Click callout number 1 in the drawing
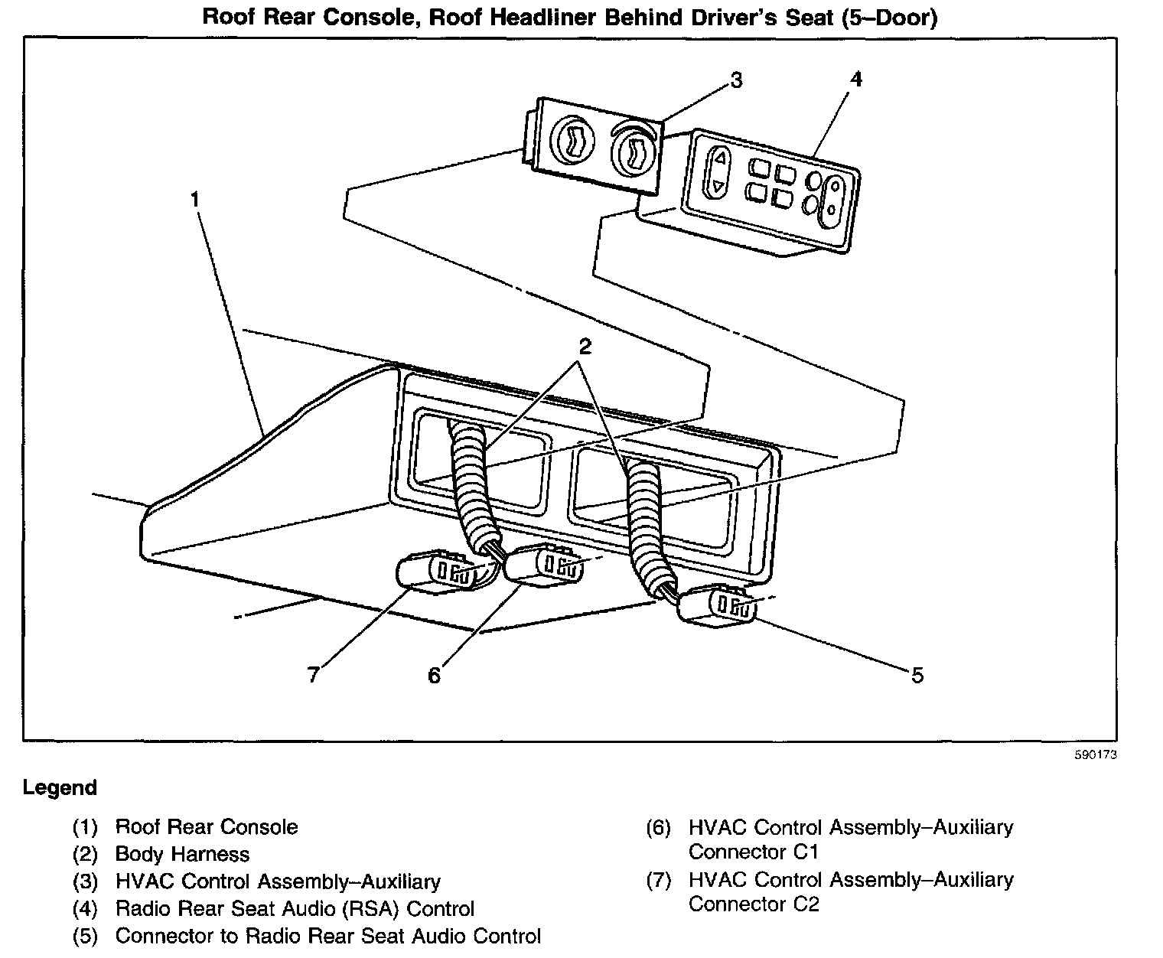(x=195, y=200)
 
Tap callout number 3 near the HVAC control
(x=735, y=80)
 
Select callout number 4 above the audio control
(x=856, y=80)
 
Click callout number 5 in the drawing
(x=917, y=675)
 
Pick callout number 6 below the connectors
(x=434, y=675)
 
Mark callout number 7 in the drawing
(x=312, y=675)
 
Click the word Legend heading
(x=60, y=788)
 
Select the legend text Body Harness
(x=182, y=854)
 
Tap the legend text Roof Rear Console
(x=207, y=827)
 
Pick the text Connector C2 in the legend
(x=754, y=904)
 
